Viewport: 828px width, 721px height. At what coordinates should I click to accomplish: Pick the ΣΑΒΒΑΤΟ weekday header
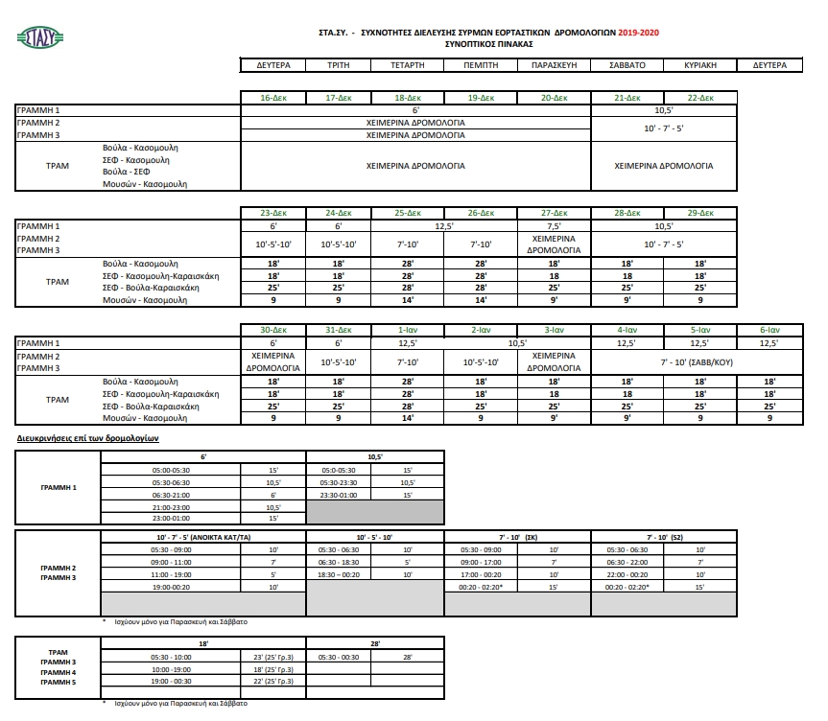click(x=627, y=65)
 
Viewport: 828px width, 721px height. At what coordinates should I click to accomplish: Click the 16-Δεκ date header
click(x=272, y=99)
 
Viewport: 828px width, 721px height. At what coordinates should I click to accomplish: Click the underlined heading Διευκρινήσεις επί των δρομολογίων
click(x=87, y=437)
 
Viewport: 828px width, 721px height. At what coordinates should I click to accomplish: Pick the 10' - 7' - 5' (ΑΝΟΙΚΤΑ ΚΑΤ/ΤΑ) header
click(x=202, y=537)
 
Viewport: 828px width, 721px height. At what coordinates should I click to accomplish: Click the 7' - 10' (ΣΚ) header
click(x=517, y=537)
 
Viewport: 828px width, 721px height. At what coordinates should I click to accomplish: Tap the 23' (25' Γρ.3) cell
click(x=272, y=656)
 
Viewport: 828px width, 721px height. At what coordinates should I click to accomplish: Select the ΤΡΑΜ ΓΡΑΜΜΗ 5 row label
click(x=59, y=684)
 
